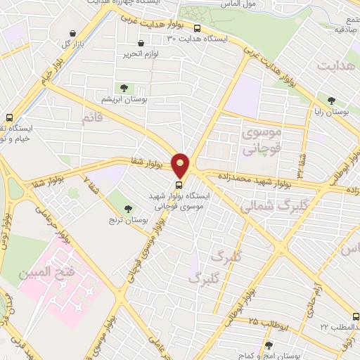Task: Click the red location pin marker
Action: [181, 165]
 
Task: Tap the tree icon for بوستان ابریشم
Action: [124, 88]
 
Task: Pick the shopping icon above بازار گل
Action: [74, 33]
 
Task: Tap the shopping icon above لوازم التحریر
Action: [141, 43]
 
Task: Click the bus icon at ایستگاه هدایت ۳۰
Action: [198, 29]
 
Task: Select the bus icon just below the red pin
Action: [178, 186]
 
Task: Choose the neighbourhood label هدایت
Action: [337, 66]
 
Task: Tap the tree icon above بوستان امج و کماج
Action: [269, 345]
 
